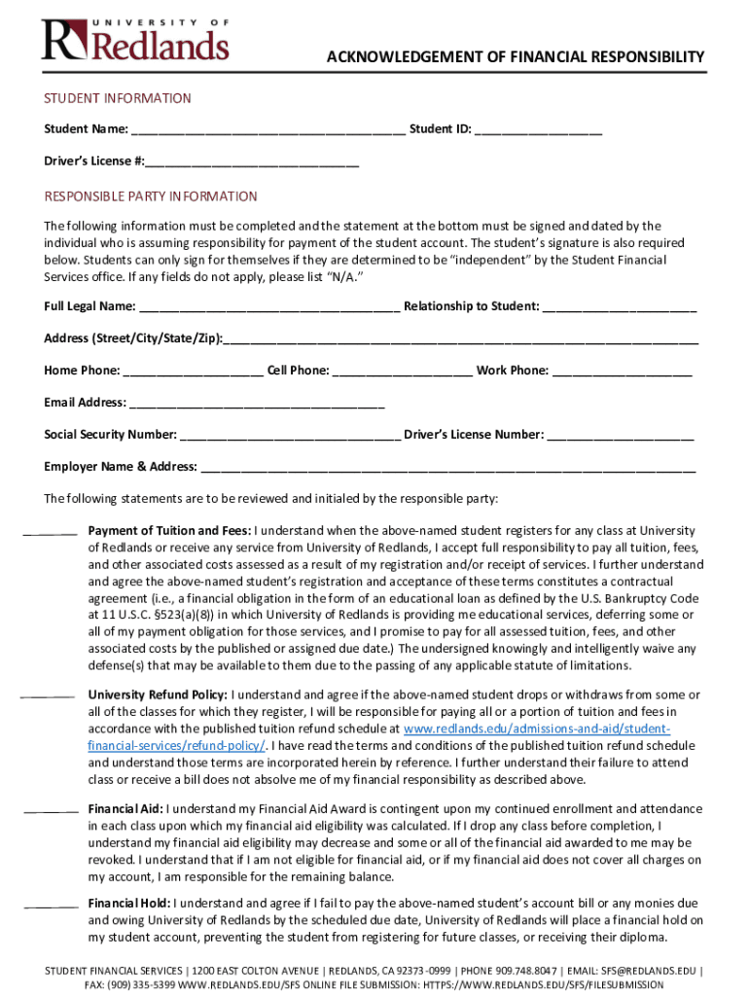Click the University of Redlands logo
pyautogui.click(x=135, y=40)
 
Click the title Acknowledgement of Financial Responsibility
pyautogui.click(x=515, y=58)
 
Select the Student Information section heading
pyautogui.click(x=118, y=98)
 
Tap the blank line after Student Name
pyautogui.click(x=268, y=130)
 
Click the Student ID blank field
pyautogui.click(x=538, y=130)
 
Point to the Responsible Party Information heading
pyautogui.click(x=151, y=196)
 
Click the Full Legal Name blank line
pyautogui.click(x=269, y=307)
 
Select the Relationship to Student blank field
pyautogui.click(x=619, y=307)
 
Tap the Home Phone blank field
pyautogui.click(x=193, y=372)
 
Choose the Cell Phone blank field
pyautogui.click(x=403, y=372)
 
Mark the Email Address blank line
pyautogui.click(x=257, y=404)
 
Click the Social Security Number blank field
pyautogui.click(x=290, y=436)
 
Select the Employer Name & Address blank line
pyautogui.click(x=447, y=468)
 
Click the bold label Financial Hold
pyautogui.click(x=128, y=903)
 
